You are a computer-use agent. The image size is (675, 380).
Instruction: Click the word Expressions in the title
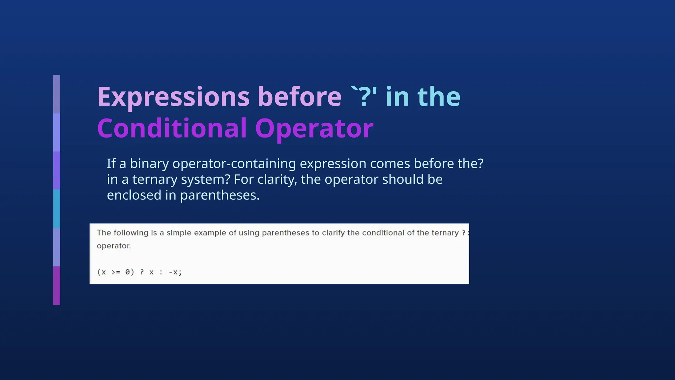173,97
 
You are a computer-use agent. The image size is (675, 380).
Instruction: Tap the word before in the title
299,97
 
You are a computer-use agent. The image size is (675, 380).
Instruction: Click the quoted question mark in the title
364,97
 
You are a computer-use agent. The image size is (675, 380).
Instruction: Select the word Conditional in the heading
172,128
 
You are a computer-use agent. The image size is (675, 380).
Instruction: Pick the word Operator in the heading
314,128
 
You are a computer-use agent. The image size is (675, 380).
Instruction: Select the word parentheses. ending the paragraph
220,195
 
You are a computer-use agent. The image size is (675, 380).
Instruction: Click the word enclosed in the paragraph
134,195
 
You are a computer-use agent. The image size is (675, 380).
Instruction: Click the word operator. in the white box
114,246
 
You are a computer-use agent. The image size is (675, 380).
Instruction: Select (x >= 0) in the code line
116,272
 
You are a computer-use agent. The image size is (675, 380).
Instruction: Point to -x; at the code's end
175,272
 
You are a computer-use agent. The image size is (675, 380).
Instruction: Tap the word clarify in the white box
333,233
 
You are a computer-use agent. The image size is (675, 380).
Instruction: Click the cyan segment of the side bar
57,209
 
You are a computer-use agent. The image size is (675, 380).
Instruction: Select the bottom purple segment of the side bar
57,286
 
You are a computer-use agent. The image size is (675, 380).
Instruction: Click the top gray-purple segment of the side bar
57,94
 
